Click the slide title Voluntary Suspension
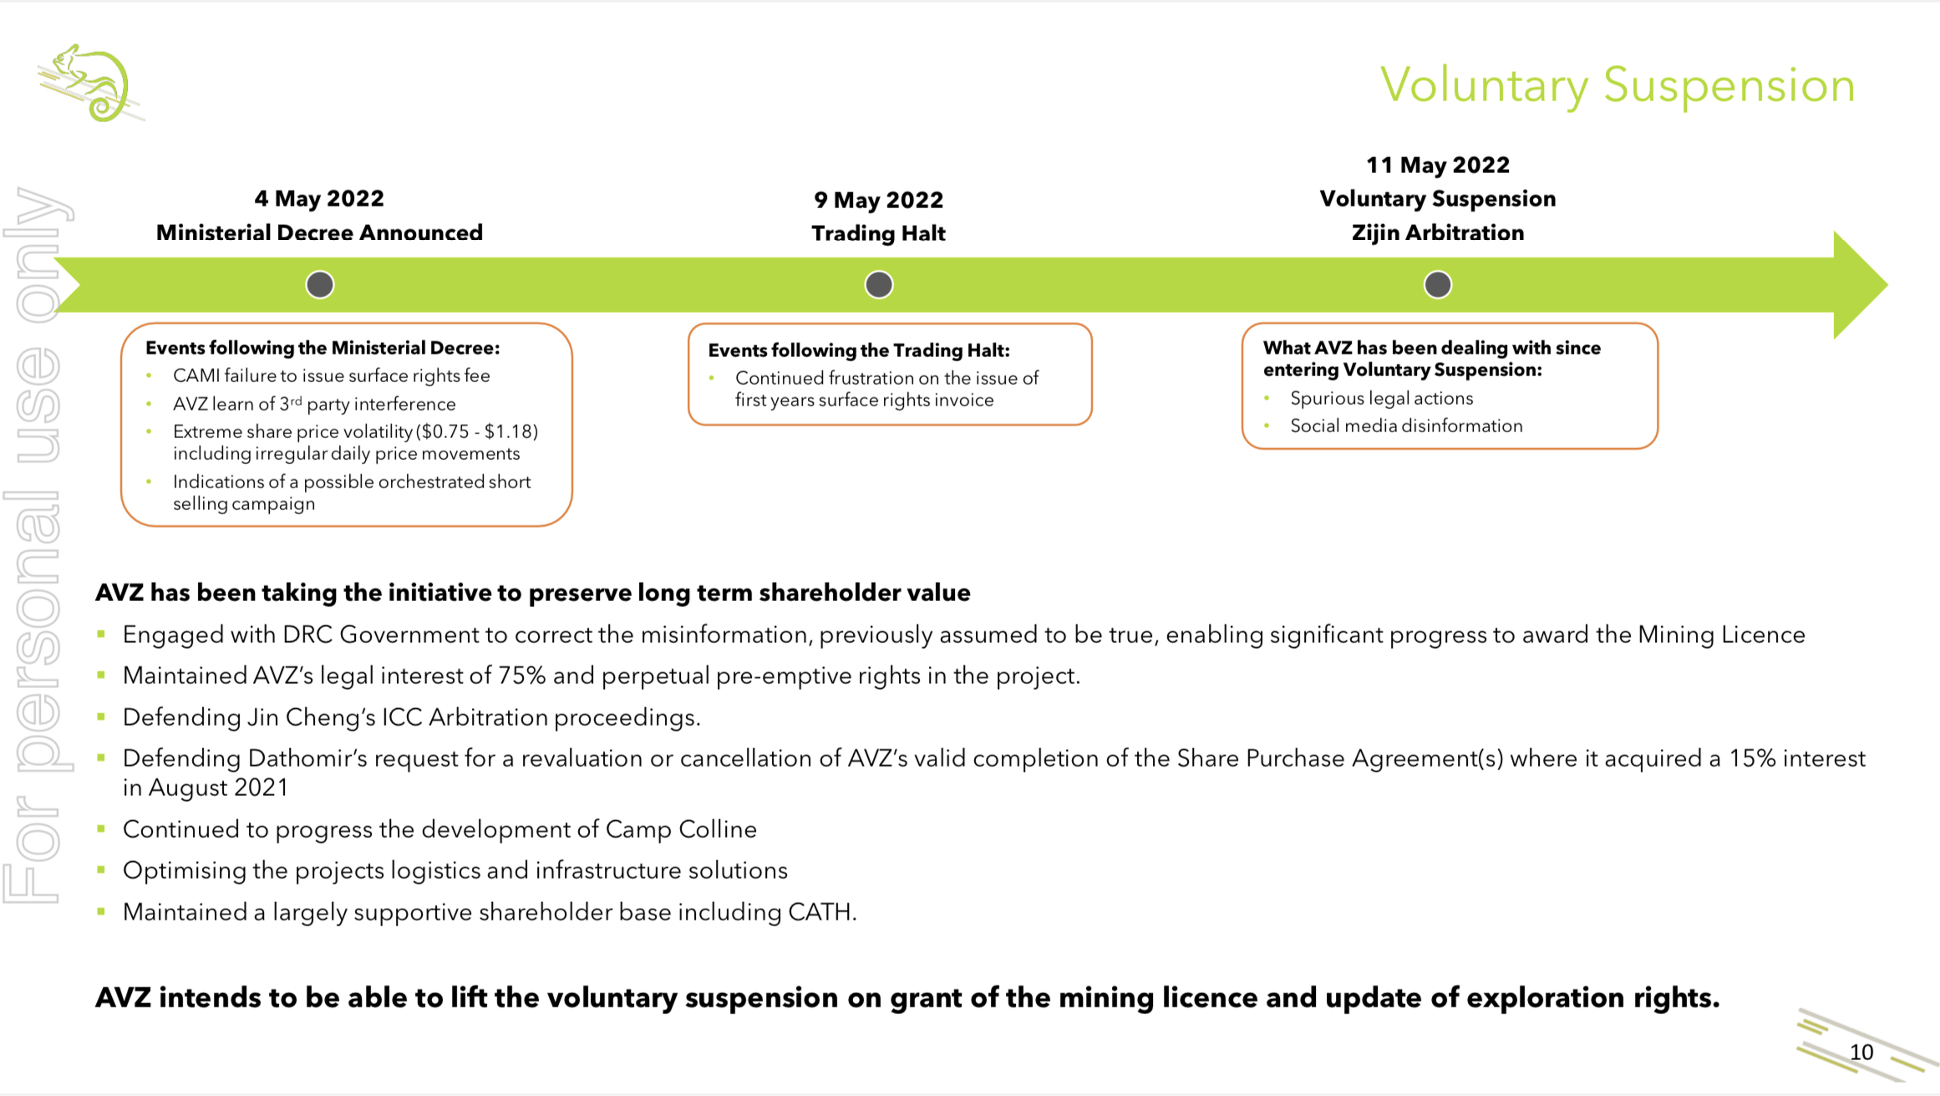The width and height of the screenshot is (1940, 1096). coord(1617,85)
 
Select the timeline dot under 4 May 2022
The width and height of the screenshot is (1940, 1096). coord(320,285)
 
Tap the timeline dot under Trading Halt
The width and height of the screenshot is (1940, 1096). coord(878,285)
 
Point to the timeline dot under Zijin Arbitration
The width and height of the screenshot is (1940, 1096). coord(1437,285)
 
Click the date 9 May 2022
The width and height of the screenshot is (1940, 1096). coord(878,200)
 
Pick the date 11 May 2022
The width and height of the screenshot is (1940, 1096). coord(1437,165)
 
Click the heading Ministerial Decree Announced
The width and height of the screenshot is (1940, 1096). coord(319,232)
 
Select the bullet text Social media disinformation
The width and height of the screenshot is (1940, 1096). coord(1406,426)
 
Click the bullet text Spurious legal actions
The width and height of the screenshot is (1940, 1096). coord(1381,398)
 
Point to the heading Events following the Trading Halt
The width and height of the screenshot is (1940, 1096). coord(859,350)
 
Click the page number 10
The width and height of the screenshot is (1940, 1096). coord(1861,1052)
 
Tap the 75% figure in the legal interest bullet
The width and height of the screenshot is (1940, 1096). coord(521,675)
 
